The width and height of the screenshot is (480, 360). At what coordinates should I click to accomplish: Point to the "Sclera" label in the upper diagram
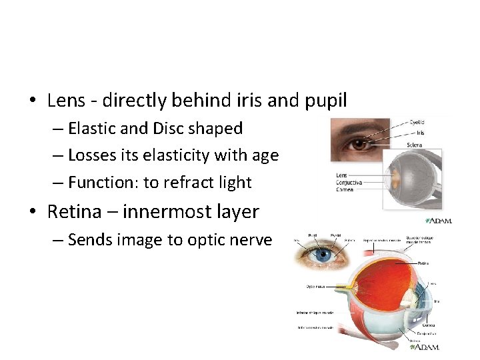(415, 145)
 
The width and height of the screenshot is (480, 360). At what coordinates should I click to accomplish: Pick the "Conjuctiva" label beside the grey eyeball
(349, 182)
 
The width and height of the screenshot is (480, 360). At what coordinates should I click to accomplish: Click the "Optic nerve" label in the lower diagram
(316, 287)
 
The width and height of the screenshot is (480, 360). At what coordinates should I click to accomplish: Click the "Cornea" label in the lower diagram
(427, 325)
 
